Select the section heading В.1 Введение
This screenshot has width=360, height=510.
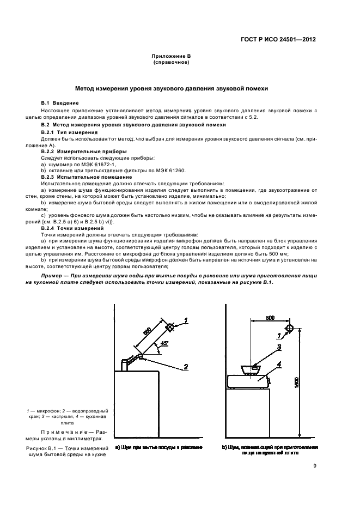coord(60,103)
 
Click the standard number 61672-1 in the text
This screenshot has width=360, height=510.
coord(104,163)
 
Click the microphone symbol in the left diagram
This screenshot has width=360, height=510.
coord(170,327)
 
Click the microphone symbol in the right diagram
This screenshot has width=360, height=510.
coord(289,329)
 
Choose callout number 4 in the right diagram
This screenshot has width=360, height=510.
coord(278,363)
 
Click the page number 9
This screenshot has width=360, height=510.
coord(314,465)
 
